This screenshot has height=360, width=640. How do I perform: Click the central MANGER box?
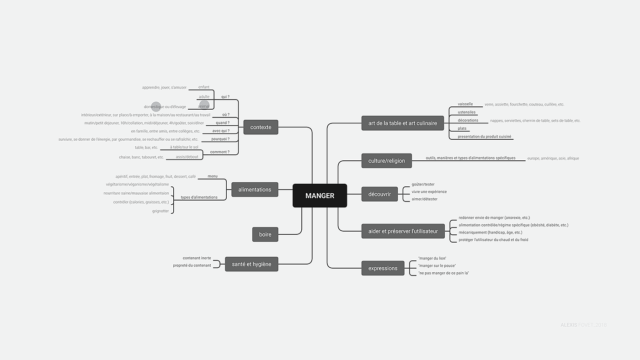(320, 196)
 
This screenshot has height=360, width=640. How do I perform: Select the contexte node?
(261, 127)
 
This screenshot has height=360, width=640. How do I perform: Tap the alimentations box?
(255, 190)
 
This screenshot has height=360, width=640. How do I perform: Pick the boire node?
(265, 234)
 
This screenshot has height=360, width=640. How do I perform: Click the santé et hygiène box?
(251, 264)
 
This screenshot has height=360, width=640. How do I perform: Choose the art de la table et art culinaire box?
(402, 123)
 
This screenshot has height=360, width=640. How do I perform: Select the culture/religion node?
(386, 161)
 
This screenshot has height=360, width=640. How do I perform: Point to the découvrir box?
(379, 194)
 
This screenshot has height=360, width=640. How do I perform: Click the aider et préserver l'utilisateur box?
(403, 231)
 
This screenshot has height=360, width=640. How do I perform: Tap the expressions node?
(383, 268)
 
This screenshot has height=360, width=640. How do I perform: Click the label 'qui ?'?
(225, 97)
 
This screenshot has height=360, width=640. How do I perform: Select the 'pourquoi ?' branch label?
(220, 139)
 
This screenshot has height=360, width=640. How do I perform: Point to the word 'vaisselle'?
(465, 104)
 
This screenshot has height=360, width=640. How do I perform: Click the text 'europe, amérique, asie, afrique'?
(553, 159)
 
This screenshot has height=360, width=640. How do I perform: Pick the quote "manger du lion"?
(432, 259)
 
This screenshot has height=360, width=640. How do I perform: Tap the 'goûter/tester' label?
(423, 185)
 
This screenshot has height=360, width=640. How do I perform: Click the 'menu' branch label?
(213, 176)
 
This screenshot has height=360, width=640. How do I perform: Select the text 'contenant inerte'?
(197, 258)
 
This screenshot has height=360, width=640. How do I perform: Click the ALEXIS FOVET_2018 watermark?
(583, 325)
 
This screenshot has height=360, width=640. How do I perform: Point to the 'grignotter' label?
(160, 211)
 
